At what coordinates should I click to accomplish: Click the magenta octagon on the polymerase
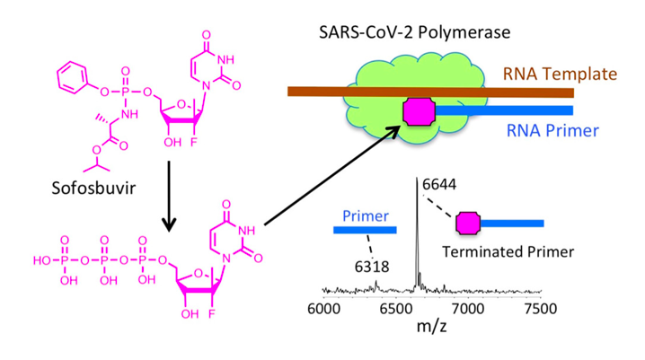[418, 112]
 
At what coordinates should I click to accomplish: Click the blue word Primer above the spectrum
[365, 215]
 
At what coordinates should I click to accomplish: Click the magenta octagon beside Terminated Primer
[468, 223]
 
